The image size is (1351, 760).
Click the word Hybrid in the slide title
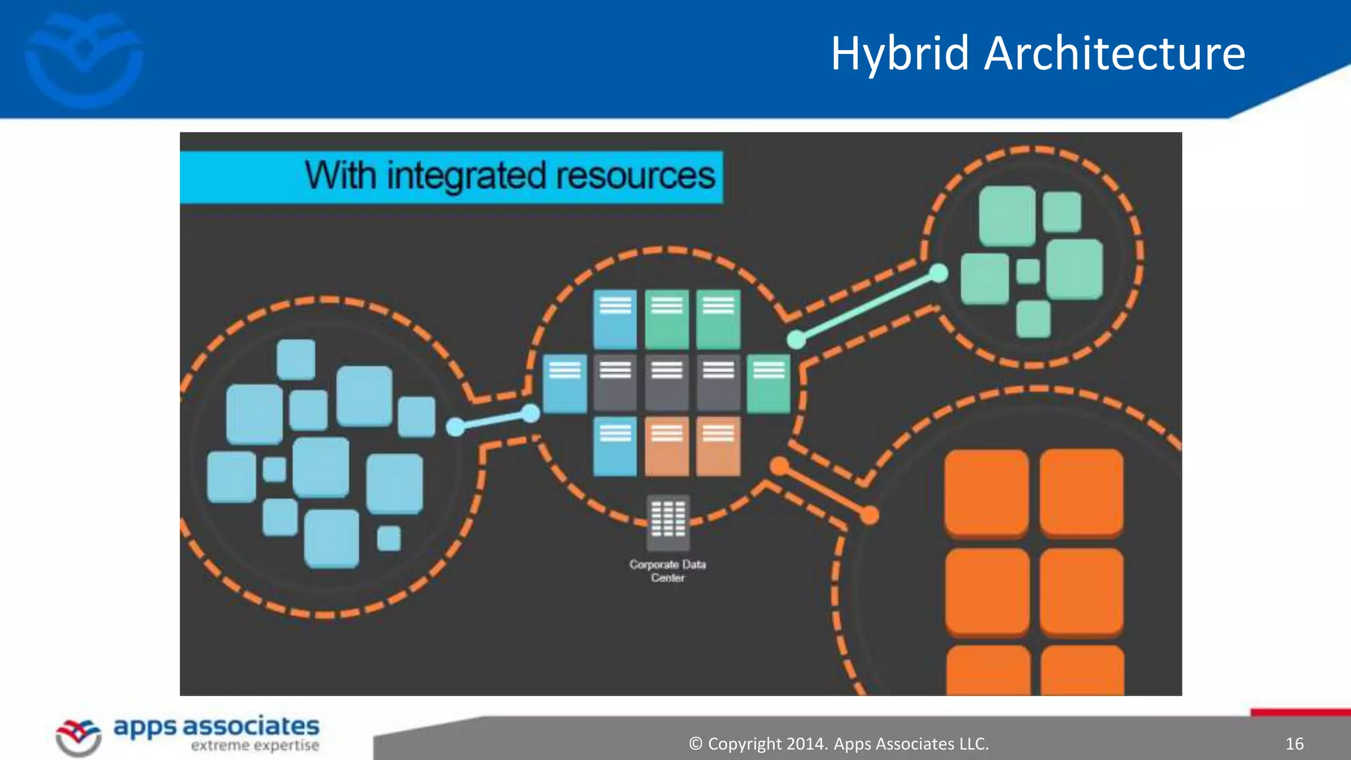point(900,54)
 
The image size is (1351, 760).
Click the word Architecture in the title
point(1115,54)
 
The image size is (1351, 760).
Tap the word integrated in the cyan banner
point(466,176)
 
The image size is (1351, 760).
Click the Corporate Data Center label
point(668,571)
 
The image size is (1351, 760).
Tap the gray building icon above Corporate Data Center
point(668,521)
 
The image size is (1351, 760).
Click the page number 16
point(1294,744)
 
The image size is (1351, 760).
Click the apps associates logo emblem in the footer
point(79,736)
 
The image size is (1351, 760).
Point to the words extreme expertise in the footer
point(255,746)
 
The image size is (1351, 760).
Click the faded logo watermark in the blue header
point(84,59)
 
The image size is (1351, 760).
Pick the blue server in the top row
point(615,319)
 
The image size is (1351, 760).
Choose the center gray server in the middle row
point(667,383)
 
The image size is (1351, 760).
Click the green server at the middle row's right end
point(769,383)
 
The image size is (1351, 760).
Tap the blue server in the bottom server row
point(615,446)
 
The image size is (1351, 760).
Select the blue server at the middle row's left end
point(565,383)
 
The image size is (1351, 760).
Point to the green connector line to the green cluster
point(867,307)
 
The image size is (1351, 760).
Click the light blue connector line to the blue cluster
point(493,421)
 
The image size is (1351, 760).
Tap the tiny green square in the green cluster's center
point(1028,271)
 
